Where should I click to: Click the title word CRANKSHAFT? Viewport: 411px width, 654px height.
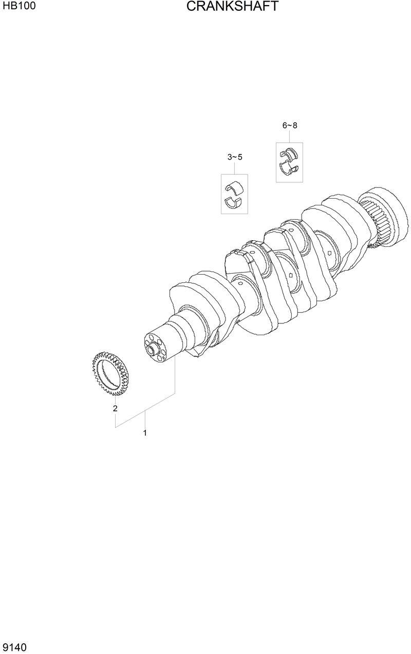(232, 7)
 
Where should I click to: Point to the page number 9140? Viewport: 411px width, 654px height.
(14, 646)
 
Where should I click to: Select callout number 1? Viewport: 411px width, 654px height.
(145, 433)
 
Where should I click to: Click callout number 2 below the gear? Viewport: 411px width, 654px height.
(115, 409)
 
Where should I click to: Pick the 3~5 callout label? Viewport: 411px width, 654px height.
(234, 157)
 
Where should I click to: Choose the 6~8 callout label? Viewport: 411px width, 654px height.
(289, 125)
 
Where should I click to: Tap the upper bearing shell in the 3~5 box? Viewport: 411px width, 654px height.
(234, 186)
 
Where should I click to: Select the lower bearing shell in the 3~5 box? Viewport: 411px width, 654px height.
(234, 201)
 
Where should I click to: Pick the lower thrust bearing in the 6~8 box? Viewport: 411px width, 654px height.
(289, 168)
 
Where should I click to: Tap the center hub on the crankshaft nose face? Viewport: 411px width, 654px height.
(151, 350)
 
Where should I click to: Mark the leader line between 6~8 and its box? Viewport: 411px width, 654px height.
(289, 136)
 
